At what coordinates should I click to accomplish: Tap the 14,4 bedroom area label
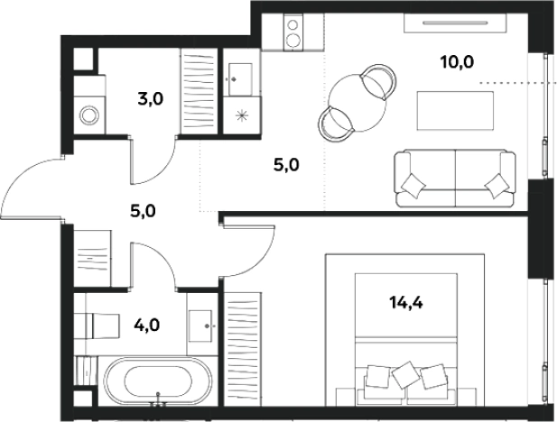(406, 303)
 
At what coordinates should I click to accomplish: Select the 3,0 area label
(151, 99)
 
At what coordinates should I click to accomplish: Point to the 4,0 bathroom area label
(147, 325)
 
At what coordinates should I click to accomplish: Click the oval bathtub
(158, 381)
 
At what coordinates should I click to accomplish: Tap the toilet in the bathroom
(102, 326)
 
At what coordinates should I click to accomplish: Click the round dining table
(357, 104)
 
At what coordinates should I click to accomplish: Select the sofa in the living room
(455, 179)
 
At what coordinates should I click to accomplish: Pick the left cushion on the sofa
(413, 185)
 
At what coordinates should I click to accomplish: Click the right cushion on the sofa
(497, 185)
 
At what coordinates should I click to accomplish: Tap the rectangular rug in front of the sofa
(455, 110)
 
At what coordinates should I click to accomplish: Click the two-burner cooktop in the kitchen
(293, 32)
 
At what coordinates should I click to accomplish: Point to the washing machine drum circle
(88, 115)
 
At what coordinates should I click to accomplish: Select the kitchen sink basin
(240, 79)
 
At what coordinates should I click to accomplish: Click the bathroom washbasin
(200, 326)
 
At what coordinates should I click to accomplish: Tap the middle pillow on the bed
(406, 375)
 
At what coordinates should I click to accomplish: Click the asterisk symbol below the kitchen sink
(242, 115)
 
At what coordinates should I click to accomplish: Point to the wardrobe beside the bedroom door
(243, 349)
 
